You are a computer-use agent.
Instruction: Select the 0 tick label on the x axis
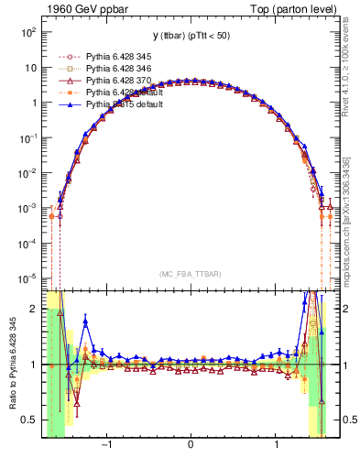(x=190, y=448)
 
